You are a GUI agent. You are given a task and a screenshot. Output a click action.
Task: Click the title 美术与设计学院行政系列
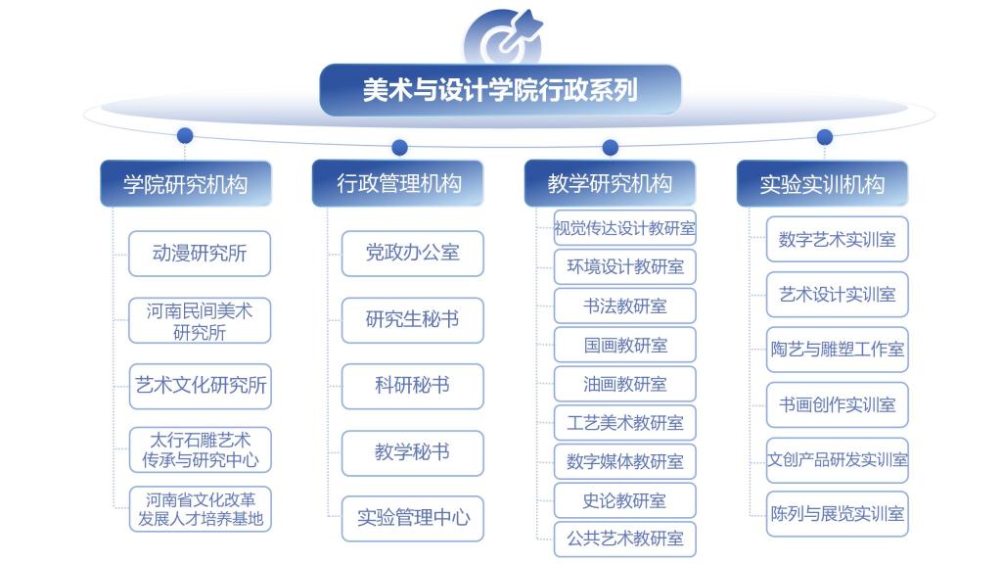[500, 90]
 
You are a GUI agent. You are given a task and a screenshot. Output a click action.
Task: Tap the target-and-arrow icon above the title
[503, 37]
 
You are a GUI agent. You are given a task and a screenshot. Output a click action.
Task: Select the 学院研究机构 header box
[186, 183]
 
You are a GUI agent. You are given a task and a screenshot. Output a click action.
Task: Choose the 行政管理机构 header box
[398, 183]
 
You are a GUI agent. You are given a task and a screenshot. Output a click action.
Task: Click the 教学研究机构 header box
[610, 183]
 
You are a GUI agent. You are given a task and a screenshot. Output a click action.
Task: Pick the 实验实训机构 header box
[822, 183]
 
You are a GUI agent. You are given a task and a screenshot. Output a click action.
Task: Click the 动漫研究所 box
[200, 254]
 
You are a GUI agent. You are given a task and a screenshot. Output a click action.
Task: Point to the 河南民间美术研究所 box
[200, 320]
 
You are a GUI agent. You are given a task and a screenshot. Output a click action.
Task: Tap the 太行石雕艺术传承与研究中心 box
[200, 449]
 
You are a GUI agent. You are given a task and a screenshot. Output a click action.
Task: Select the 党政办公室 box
[412, 254]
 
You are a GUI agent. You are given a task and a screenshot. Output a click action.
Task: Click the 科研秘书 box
[412, 386]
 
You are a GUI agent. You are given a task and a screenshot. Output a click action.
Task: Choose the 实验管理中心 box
[412, 519]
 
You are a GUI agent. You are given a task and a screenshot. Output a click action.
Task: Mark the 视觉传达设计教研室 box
[624, 227]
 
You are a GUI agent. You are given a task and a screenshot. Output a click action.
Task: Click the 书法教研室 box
[624, 305]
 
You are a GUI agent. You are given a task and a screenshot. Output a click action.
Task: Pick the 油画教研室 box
[624, 384]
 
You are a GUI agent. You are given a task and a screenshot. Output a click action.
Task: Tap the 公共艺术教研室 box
[624, 540]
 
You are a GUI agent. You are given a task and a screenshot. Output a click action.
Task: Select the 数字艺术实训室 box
[838, 240]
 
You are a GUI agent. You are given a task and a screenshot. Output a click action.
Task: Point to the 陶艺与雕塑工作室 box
[838, 350]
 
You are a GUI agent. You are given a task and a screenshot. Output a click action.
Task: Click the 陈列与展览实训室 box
[838, 514]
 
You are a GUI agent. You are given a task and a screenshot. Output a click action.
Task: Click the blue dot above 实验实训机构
[825, 137]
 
